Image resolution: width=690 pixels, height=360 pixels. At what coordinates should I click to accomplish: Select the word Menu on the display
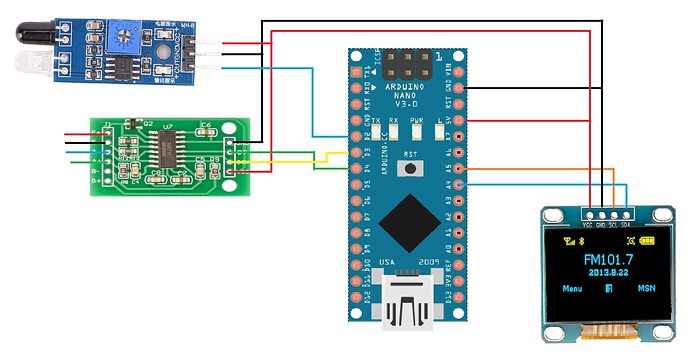tap(572, 289)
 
